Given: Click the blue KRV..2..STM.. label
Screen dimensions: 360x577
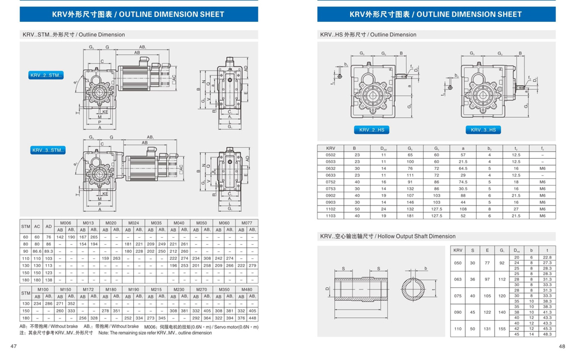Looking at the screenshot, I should coord(47,76).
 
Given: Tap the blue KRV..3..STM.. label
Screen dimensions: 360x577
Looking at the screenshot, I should coord(48,151).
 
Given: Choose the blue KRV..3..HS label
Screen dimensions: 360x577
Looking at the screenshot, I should coord(483,130).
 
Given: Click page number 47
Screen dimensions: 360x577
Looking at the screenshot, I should coord(13,347).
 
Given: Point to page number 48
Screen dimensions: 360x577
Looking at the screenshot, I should coord(561,347).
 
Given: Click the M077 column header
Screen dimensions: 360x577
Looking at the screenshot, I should coord(246,222).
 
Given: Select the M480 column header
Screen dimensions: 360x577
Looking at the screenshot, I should coord(246,289).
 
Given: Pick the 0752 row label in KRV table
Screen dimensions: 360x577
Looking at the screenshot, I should coord(331,181).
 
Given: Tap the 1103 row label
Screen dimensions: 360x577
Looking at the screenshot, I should coord(331,215).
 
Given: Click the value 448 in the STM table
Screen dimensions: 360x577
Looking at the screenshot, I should coord(252,318).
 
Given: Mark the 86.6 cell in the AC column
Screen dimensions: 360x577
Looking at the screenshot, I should coord(38,252).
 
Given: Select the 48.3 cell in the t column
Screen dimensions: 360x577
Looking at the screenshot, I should coord(547,334).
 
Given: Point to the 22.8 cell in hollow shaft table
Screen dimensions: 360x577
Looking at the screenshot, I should coord(547,257).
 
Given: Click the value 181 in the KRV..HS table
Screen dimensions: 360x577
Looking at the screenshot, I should coord(410,215).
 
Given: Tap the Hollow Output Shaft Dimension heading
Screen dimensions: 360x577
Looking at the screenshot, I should coord(388,236).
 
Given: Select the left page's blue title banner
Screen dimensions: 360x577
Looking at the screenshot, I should coord(139,14).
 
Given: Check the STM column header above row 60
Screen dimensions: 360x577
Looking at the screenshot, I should coord(25,226).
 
